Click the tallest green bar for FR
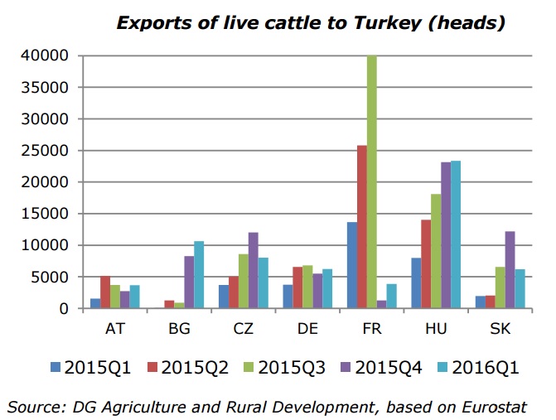[x=372, y=182]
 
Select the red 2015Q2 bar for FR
[x=361, y=227]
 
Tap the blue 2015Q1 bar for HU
[x=417, y=283]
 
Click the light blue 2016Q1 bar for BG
[x=198, y=275]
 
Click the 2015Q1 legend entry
[x=92, y=367]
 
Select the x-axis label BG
[x=179, y=328]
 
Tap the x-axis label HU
[x=436, y=328]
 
